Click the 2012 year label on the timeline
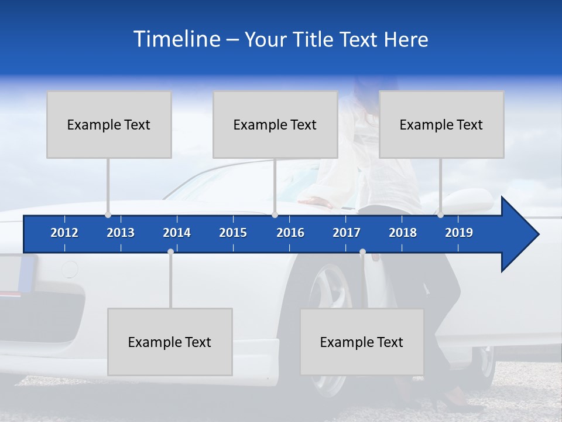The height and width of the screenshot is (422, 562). coord(64,233)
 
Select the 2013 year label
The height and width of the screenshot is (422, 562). coord(121,233)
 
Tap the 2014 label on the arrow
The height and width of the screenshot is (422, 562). coord(177,233)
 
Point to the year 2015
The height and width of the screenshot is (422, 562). coord(233,233)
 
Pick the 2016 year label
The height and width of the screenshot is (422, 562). coord(290,233)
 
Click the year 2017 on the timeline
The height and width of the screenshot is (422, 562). coord(347,233)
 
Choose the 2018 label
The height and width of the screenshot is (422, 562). coord(403,233)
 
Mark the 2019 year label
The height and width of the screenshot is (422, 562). coord(459,233)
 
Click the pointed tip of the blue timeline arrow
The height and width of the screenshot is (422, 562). coord(537,234)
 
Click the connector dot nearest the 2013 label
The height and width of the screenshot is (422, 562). coord(108,215)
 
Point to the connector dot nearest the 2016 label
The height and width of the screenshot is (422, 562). coord(275,215)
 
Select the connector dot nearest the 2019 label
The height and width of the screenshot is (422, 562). coord(441,215)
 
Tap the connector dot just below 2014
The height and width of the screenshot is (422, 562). coord(170,252)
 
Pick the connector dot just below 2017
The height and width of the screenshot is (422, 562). coord(362,252)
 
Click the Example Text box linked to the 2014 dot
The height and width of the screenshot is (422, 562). coord(170,342)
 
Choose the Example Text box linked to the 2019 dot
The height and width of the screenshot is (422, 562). coord(441,124)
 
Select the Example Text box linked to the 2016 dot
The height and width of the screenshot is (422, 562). coord(275,124)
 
